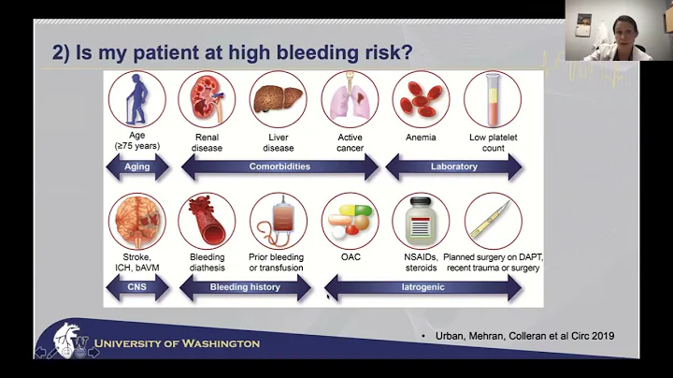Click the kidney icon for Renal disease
(207, 99)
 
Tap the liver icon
(278, 99)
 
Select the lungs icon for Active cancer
(350, 99)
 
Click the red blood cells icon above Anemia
(421, 99)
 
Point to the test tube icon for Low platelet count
(493, 99)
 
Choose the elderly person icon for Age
(136, 99)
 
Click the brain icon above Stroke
(136, 221)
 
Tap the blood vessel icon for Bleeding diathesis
(207, 221)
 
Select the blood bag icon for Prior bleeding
(278, 221)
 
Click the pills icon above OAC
(350, 221)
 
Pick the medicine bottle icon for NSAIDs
(421, 221)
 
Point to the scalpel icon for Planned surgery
(493, 221)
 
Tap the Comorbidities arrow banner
(279, 167)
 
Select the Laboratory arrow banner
(454, 167)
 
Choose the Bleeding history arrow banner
(245, 287)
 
